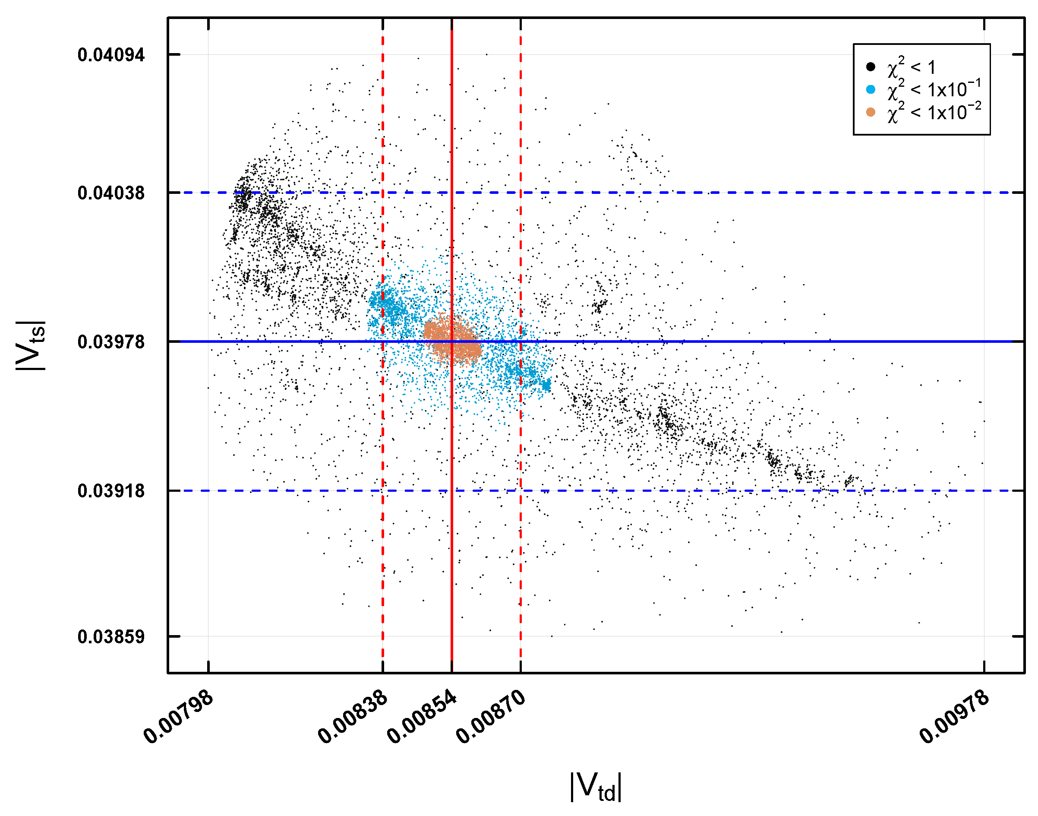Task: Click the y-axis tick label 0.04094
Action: [111, 55]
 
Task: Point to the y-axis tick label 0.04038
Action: [111, 193]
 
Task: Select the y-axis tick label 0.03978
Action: [111, 342]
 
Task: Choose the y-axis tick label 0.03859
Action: [111, 637]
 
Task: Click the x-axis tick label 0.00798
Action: [178, 717]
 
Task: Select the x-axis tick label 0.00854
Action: [422, 717]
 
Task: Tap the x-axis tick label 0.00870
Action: [490, 717]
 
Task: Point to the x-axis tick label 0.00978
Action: [954, 717]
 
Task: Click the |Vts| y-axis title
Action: [31, 345]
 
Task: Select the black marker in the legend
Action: [871, 67]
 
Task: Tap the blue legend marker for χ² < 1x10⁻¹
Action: [871, 89]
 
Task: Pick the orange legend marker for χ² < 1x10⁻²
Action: [871, 112]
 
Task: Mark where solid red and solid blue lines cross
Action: [452, 342]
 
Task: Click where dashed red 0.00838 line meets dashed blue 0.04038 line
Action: [383, 193]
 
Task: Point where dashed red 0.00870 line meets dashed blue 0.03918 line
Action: [521, 490]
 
